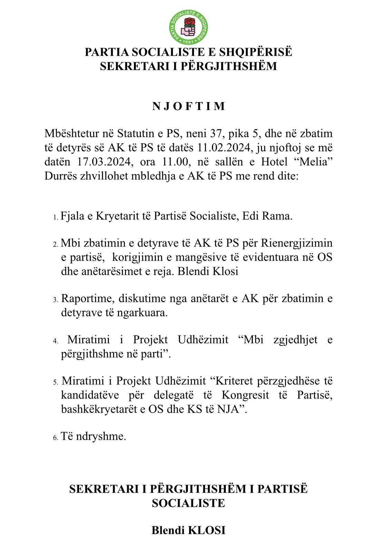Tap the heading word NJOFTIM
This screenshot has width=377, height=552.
(x=188, y=106)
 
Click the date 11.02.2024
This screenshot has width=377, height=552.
(x=223, y=148)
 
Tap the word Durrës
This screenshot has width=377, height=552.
(x=61, y=176)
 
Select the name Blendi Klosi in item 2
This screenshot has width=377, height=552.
(x=208, y=271)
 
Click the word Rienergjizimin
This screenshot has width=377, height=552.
(x=297, y=243)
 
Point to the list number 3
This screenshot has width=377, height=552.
(x=55, y=300)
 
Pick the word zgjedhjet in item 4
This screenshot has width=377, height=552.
(x=295, y=340)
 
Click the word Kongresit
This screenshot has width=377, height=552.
(x=245, y=395)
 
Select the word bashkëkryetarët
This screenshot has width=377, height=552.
(x=100, y=409)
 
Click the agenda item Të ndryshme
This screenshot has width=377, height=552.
(x=93, y=436)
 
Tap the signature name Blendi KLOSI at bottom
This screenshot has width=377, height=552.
(x=188, y=530)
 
